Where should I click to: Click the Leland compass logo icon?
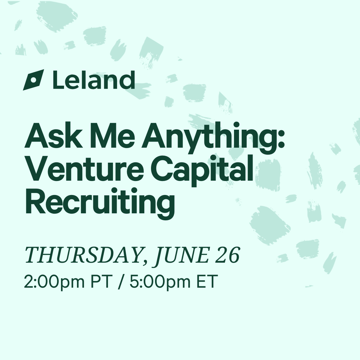tap(33, 80)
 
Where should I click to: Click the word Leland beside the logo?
tap(94, 80)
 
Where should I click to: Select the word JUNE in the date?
tap(181, 255)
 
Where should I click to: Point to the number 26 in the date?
tap(228, 255)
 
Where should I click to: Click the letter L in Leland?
tap(58, 79)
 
